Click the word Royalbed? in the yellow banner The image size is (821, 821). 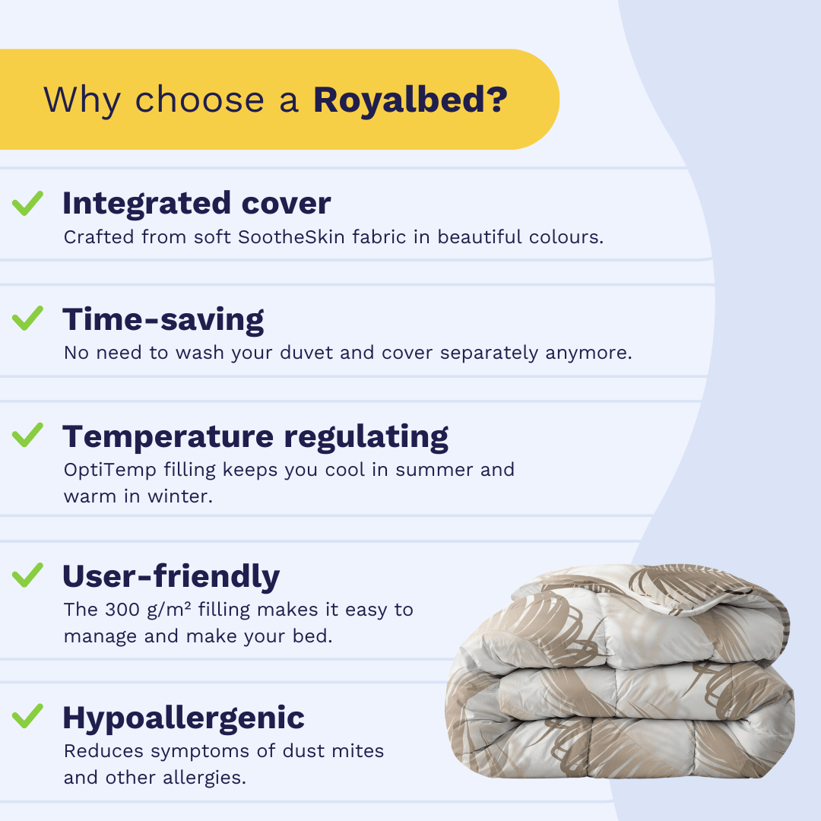[x=410, y=100]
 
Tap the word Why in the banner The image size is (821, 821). [x=82, y=101]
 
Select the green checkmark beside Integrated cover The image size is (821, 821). [x=28, y=203]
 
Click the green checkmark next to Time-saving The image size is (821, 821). [x=28, y=319]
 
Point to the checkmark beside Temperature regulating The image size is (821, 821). [x=28, y=435]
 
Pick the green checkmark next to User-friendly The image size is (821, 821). [x=28, y=575]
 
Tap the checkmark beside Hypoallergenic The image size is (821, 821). [x=28, y=716]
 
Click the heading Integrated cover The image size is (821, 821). [x=197, y=204]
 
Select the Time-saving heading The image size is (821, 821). [x=163, y=320]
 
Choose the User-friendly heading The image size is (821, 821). [x=171, y=576]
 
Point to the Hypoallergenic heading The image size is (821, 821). [x=184, y=718]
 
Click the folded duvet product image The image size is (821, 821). [x=620, y=670]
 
